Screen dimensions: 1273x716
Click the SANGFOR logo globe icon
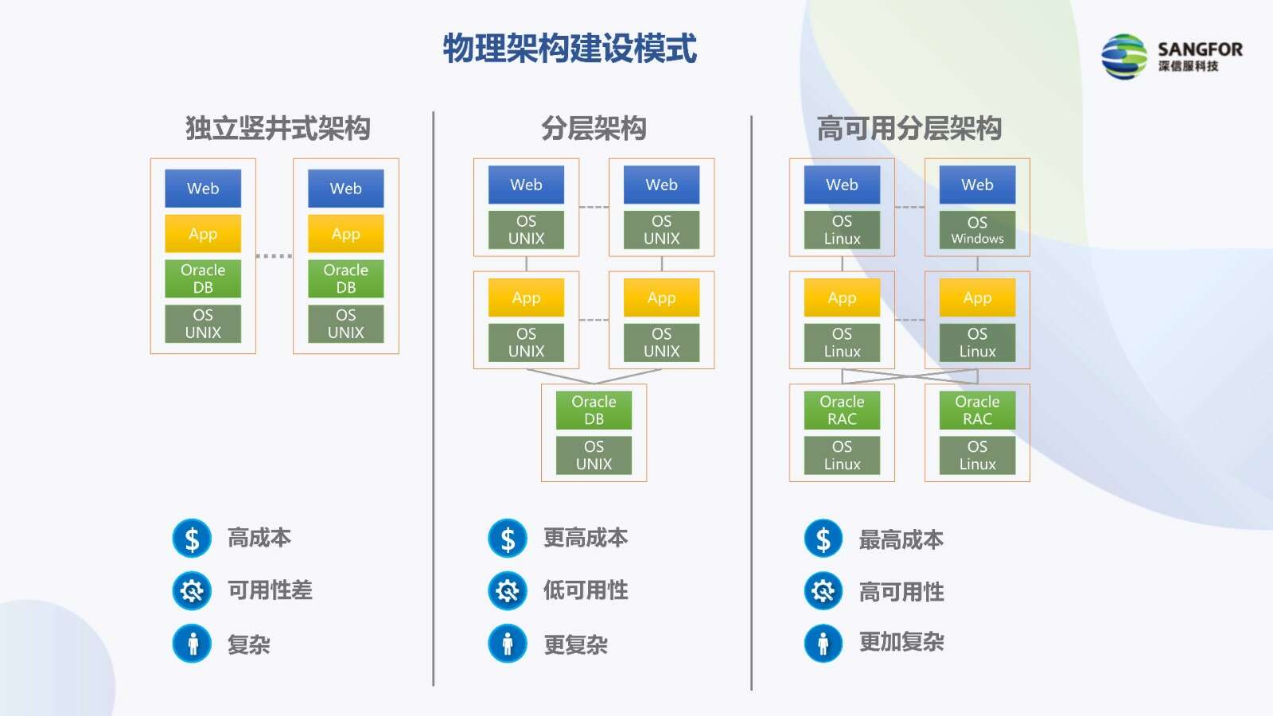tap(1123, 56)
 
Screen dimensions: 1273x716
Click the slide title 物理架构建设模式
tap(570, 49)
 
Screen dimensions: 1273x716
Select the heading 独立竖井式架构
tap(278, 128)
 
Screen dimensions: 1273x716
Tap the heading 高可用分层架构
tap(909, 128)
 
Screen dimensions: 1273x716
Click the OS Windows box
tap(977, 230)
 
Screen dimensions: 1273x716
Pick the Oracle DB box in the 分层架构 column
tap(594, 411)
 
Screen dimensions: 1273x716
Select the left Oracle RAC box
tap(842, 411)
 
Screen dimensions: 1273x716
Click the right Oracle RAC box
tap(977, 411)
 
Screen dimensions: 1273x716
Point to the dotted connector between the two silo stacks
tap(274, 255)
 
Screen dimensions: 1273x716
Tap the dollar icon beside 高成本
tap(192, 538)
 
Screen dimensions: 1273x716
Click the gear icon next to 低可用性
tap(508, 591)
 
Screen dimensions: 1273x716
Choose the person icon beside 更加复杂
tap(823, 644)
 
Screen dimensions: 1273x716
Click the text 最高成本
tap(901, 540)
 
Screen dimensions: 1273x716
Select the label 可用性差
tap(270, 590)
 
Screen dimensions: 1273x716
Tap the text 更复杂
tap(576, 645)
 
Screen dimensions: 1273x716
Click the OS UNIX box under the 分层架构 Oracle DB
tap(594, 455)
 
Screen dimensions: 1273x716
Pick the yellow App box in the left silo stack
tap(203, 234)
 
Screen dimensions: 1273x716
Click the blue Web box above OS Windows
tap(977, 185)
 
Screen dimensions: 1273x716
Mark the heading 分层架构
tap(594, 128)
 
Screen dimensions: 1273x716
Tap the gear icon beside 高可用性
tap(823, 591)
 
